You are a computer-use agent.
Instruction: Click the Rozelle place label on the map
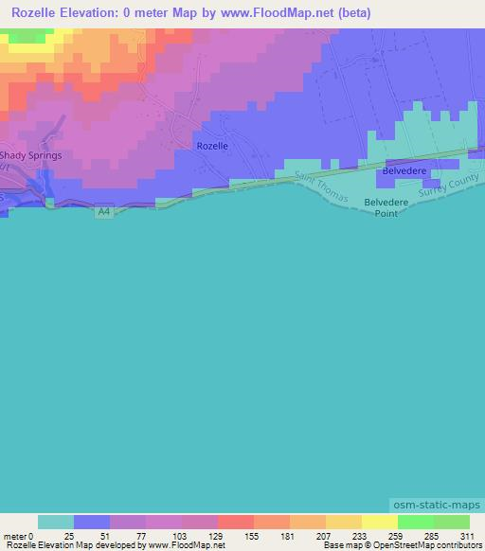[x=211, y=147]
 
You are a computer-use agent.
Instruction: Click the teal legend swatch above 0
[x=56, y=522]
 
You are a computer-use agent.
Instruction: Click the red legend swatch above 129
[x=236, y=522]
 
